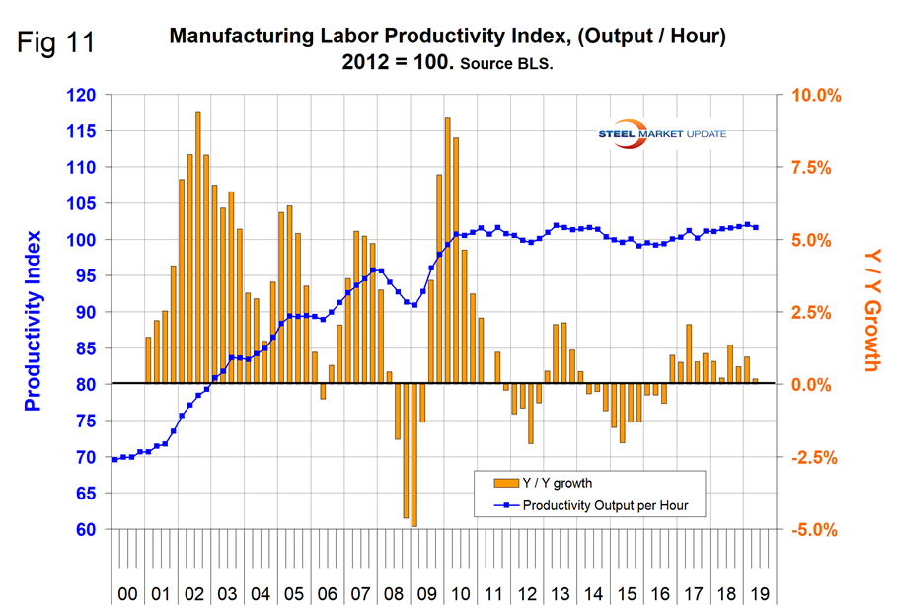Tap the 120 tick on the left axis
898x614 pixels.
click(83, 96)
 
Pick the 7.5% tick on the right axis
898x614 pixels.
click(816, 168)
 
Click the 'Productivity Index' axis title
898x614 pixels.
click(34, 321)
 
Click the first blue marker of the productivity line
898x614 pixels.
click(114, 460)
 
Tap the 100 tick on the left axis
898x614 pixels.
click(83, 240)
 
